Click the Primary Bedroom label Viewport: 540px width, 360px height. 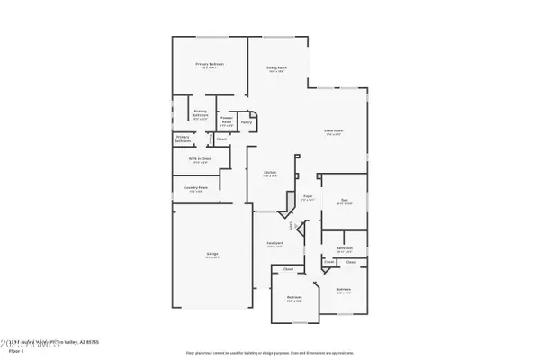210,64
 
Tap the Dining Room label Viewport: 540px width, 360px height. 276,67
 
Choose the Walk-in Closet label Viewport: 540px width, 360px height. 200,158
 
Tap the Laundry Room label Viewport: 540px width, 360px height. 195,187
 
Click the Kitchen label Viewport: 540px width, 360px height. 269,172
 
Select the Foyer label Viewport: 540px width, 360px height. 307,194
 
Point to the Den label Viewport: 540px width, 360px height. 345,200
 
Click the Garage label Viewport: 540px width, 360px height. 211,254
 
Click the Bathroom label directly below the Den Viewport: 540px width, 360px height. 344,247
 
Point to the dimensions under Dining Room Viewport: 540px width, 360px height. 276,72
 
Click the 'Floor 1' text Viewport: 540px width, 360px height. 13,350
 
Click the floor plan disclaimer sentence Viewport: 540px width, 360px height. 270,352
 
